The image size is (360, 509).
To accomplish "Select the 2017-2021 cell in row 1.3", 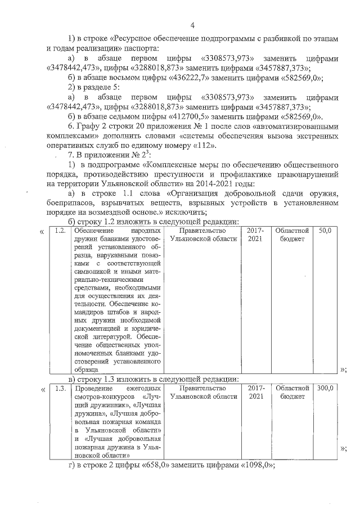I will (256, 393).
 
